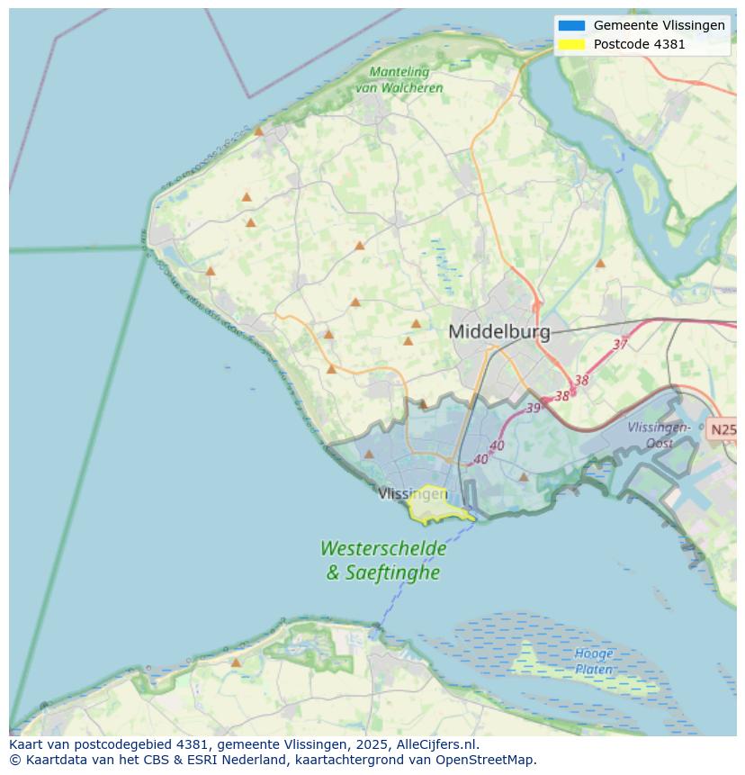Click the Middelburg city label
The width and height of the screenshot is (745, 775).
(x=498, y=331)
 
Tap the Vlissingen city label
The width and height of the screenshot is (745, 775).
(x=412, y=493)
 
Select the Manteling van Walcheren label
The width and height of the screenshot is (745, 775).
(x=399, y=79)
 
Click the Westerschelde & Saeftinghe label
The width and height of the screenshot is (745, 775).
(x=382, y=559)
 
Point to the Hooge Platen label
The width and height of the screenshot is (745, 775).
(x=594, y=662)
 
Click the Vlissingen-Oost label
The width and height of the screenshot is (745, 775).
(x=659, y=435)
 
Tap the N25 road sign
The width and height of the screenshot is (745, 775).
(x=723, y=429)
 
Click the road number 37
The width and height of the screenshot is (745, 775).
(x=620, y=345)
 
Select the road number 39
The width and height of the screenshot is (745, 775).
(x=534, y=408)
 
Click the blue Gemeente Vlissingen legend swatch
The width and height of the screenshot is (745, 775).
(x=570, y=26)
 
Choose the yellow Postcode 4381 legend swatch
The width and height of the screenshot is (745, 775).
(x=570, y=44)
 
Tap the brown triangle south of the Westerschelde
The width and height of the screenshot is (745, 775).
(x=236, y=662)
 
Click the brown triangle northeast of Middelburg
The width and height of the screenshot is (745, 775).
(x=600, y=264)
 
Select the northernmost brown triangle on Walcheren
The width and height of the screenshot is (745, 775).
(x=259, y=131)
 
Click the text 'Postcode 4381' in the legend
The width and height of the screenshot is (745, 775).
(x=639, y=44)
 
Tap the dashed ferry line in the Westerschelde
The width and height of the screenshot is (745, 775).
(x=423, y=576)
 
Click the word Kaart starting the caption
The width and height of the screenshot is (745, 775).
(x=27, y=744)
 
